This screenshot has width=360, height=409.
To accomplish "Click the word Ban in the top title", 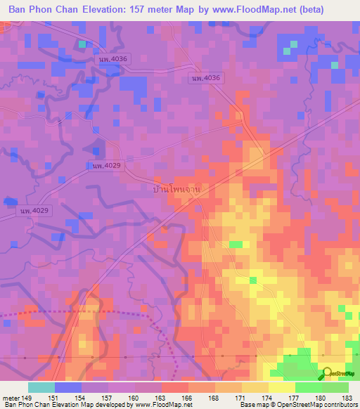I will click(x=20, y=10).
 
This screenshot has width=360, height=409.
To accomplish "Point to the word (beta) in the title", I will click(x=337, y=10).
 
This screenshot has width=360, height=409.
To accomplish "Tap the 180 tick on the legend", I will click(x=321, y=397).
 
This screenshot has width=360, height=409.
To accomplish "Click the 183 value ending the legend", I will click(x=347, y=397).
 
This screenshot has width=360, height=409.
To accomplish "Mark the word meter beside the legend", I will click(x=11, y=397).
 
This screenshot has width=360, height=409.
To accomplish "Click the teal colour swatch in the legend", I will click(x=41, y=387).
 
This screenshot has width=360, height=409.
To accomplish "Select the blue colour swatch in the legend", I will click(x=68, y=387).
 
